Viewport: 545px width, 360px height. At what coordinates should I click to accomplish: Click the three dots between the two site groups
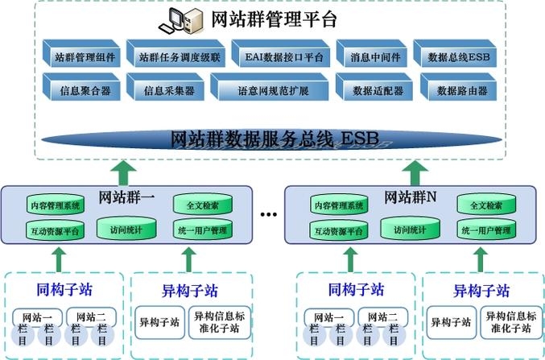pos(269,216)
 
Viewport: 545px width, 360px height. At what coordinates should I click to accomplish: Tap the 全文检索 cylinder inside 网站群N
pos(486,205)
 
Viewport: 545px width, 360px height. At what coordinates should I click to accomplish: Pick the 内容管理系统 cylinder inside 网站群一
pos(55,205)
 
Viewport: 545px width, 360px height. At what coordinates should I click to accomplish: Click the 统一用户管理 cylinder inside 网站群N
pos(486,230)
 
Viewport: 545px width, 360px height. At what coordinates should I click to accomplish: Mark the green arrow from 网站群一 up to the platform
pos(122,171)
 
